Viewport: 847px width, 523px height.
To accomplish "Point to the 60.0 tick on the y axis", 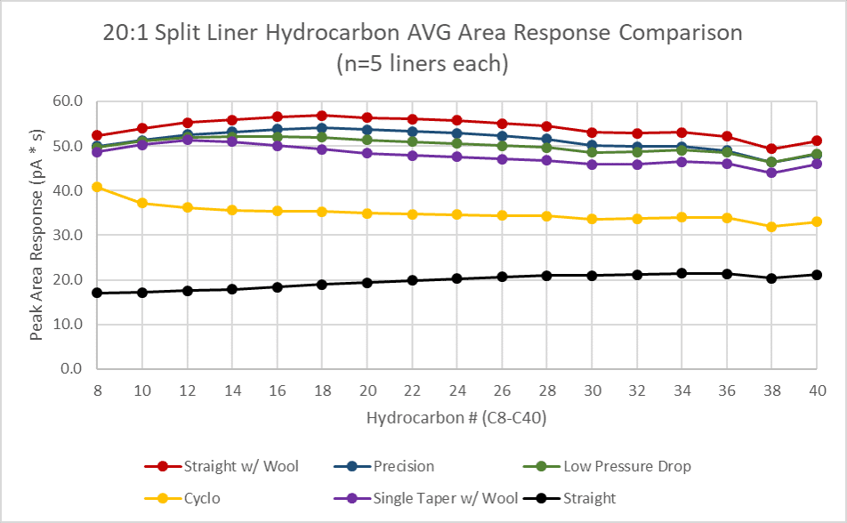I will [69, 101].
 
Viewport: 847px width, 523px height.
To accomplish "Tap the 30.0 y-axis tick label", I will [69, 235].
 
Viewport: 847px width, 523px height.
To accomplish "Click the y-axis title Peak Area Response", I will [36, 235].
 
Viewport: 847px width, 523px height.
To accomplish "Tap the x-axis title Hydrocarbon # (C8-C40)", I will [456, 416].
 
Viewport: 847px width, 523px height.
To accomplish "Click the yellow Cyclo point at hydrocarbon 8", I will [97, 187].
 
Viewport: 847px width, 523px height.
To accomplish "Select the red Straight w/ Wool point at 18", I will [321, 116].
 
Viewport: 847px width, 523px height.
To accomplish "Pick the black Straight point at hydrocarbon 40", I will [816, 275].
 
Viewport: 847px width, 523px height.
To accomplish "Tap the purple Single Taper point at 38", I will [771, 173].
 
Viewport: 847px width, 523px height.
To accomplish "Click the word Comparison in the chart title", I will [677, 33].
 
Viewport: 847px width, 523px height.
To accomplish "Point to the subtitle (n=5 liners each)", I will [423, 64].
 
